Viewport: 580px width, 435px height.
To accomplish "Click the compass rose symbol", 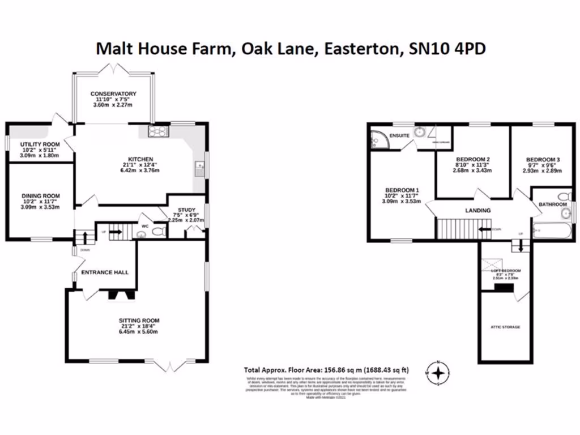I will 438,372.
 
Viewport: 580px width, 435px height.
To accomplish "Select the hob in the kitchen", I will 156,132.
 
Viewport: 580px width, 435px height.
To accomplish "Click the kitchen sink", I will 199,167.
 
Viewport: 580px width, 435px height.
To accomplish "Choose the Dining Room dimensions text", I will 40,205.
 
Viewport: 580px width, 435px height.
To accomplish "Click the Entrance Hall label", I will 105,272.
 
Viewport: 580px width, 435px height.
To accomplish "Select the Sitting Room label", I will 139,321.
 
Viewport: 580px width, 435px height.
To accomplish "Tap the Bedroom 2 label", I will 472,159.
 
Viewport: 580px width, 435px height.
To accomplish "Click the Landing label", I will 477,210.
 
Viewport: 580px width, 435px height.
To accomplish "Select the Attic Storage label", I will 506,327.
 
